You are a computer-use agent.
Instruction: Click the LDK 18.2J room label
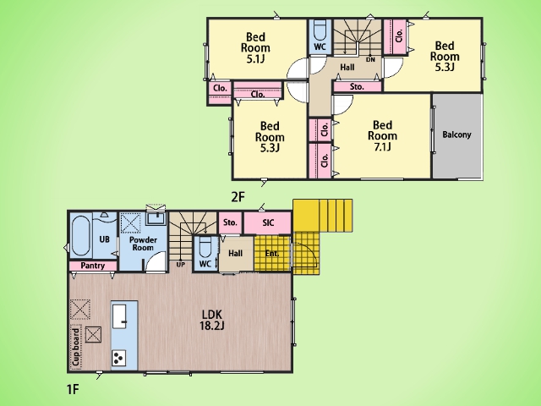[x=212, y=320]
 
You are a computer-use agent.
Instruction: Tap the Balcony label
[x=456, y=134]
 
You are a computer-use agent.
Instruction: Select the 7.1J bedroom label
[x=382, y=135]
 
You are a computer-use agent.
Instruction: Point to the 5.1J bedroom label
[x=255, y=47]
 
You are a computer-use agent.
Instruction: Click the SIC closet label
[x=268, y=222]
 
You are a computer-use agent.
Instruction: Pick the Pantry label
[x=92, y=266]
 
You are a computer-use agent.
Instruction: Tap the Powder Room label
[x=143, y=244]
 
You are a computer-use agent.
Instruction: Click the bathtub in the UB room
[x=81, y=236]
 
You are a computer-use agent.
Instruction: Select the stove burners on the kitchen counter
[x=118, y=358]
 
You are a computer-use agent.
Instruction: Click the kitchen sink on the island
[x=120, y=317]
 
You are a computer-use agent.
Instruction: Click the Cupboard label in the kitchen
[x=76, y=347]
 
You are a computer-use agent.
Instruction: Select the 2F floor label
[x=238, y=197]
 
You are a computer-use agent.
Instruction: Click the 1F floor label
[x=73, y=389]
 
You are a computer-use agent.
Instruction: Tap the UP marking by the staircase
[x=180, y=265]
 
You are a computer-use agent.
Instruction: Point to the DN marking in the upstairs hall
[x=370, y=60]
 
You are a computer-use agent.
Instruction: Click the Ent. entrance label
[x=272, y=254]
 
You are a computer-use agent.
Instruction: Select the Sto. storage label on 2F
[x=357, y=86]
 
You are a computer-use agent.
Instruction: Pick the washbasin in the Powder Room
[x=156, y=218]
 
